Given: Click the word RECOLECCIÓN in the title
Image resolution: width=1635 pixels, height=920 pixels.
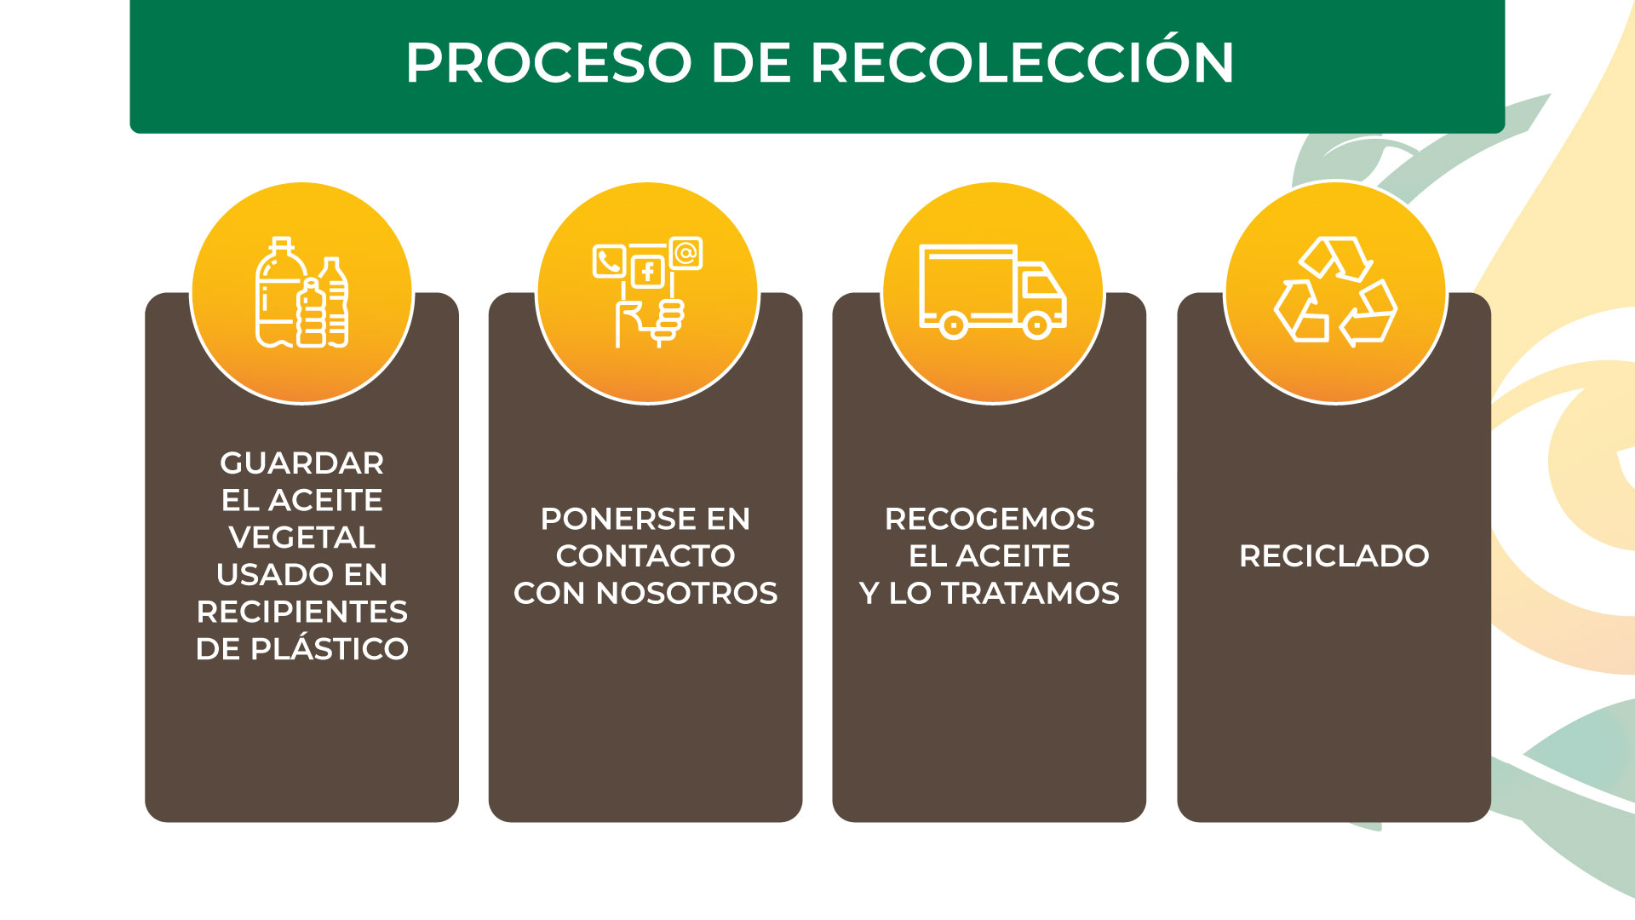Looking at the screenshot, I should (x=1022, y=63).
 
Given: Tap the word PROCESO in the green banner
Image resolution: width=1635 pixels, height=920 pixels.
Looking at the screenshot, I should (x=548, y=63).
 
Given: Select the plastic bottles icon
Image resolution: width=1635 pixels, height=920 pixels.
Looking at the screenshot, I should (x=302, y=294).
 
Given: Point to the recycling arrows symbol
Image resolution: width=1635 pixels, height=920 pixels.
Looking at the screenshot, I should (x=1335, y=291).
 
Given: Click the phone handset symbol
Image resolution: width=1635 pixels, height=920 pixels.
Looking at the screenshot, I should (x=609, y=262).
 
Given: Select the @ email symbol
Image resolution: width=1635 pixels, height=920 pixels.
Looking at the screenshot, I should (x=686, y=253).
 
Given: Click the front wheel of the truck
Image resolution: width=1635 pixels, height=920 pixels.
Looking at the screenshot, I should (x=1037, y=325).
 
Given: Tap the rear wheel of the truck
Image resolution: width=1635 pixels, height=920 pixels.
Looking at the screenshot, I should (x=954, y=325).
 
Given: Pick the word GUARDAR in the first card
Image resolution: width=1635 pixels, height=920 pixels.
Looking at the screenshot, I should (x=302, y=463).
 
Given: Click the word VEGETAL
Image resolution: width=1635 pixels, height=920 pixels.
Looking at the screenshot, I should (x=302, y=538).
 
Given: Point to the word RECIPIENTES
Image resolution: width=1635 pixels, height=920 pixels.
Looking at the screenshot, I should (x=302, y=612).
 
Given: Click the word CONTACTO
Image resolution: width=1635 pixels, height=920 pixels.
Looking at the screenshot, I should (x=645, y=556).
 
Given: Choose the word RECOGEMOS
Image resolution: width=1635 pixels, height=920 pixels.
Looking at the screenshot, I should (x=990, y=519).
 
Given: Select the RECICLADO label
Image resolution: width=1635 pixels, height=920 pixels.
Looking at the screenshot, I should (x=1334, y=556).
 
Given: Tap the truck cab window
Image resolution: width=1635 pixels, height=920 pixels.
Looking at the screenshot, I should (x=1041, y=284).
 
